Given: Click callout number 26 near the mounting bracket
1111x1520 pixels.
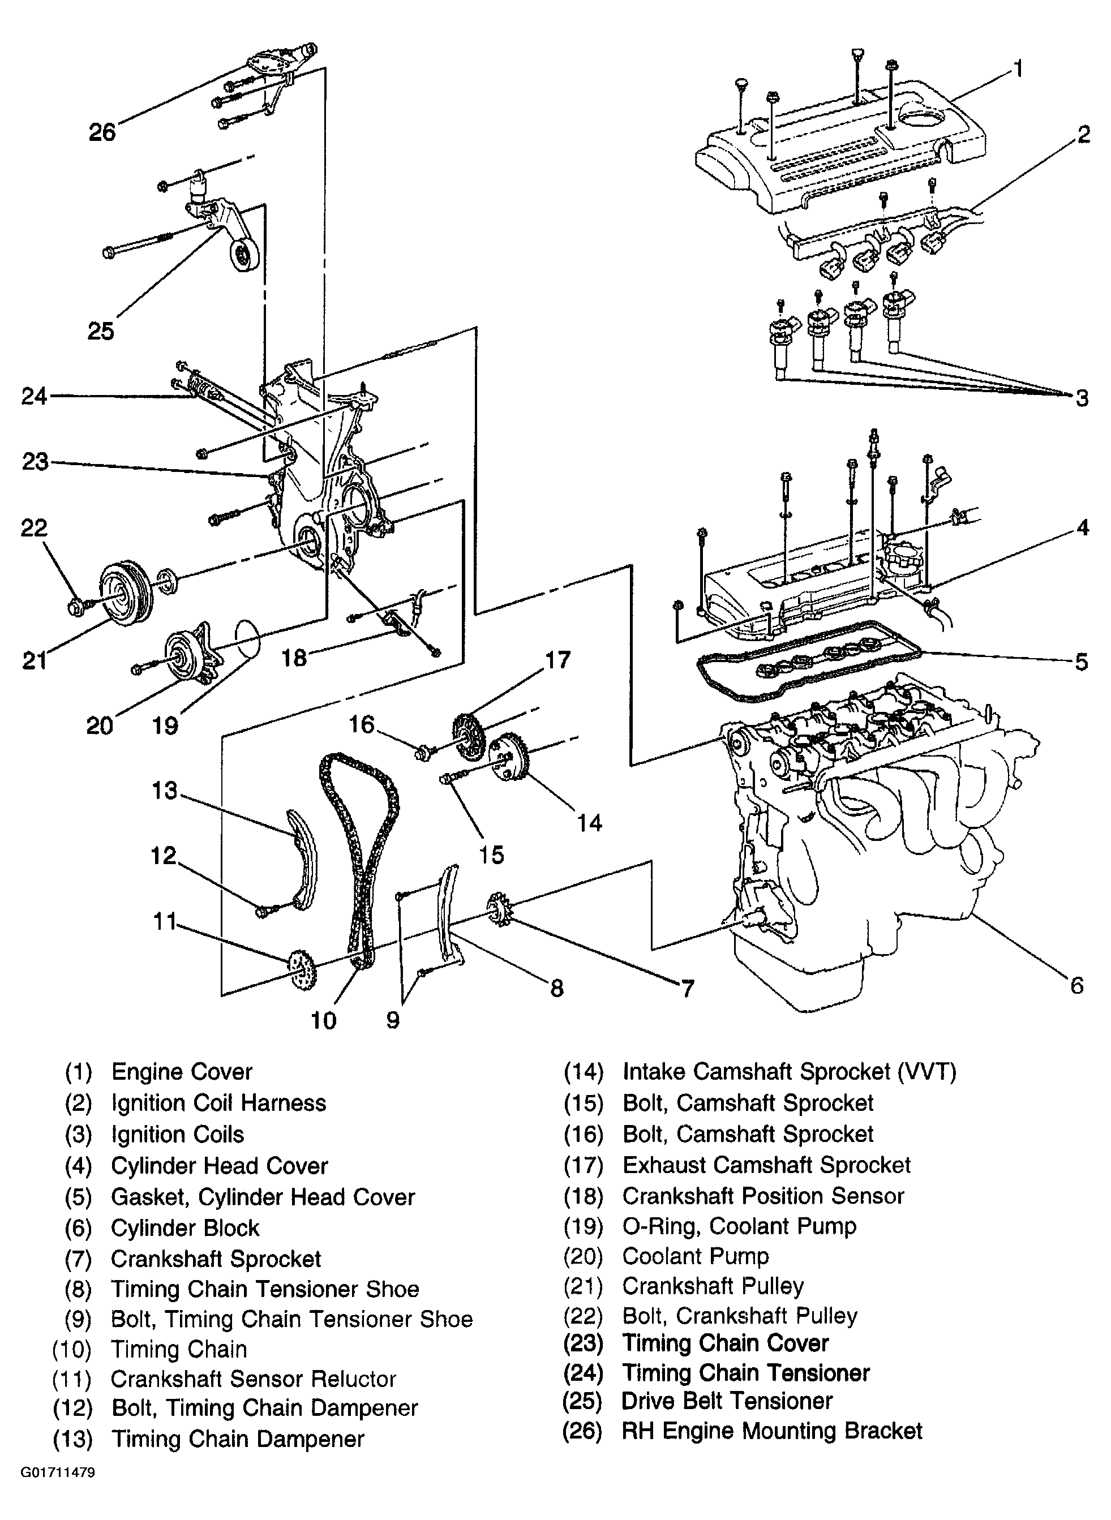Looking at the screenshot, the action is [102, 132].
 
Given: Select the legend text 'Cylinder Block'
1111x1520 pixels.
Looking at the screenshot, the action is [185, 1227].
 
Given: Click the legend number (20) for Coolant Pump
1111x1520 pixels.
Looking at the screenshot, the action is [583, 1256].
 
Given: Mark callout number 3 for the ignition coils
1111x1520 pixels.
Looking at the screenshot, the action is [1082, 398].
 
